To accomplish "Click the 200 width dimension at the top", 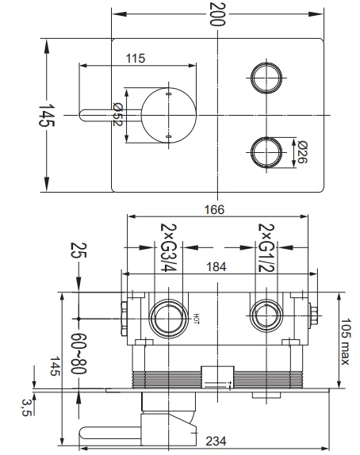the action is tap(217, 14).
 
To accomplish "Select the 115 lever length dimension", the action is tap(136, 59).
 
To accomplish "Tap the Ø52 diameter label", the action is tap(117, 115).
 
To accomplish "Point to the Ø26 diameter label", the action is tap(302, 152).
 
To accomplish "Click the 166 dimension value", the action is tap(214, 209).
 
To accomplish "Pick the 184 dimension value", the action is tap(216, 266).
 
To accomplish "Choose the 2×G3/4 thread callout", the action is tap(168, 247).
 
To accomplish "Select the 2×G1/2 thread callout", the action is tap(266, 247).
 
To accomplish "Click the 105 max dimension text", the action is tap(346, 342).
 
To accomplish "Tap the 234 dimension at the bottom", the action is tap(216, 441).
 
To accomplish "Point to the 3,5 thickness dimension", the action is tap(26, 407).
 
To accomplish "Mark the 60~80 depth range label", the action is tap(79, 354).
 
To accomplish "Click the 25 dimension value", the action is tap(79, 250).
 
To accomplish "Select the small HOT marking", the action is tap(197, 319).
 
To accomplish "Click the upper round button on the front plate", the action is tap(266, 78).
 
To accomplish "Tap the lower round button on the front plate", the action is tap(266, 152).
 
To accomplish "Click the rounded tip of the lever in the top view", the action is tap(82, 115).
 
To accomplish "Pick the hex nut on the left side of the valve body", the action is tap(124, 319).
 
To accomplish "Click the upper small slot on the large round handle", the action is tap(168, 94).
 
